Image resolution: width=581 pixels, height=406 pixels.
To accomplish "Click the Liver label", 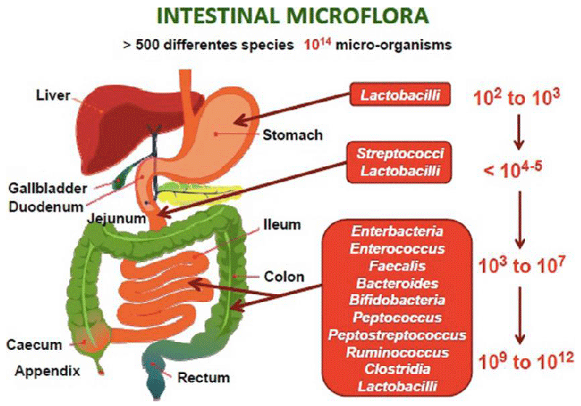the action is click(x=53, y=96).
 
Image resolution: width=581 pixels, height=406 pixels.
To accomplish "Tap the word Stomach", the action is click(x=293, y=135).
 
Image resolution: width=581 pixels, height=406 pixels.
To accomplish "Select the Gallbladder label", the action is click(x=48, y=188).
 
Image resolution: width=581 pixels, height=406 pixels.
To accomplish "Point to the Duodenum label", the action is click(x=46, y=207).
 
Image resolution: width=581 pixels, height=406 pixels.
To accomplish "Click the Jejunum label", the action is click(x=116, y=218).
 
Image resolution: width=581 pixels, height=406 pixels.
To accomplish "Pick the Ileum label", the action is click(x=282, y=224).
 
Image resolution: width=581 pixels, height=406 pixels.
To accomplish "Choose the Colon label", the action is click(x=284, y=277).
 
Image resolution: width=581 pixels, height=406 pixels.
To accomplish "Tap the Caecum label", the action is click(x=34, y=345).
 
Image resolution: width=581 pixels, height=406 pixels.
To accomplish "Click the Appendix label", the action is click(x=47, y=371).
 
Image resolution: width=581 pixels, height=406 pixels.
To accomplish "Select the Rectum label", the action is click(x=204, y=378).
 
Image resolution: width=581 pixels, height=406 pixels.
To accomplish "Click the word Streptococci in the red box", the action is click(x=400, y=154).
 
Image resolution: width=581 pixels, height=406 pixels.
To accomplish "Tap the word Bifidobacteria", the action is click(x=397, y=300).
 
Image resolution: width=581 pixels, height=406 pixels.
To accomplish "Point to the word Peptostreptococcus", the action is click(x=397, y=335).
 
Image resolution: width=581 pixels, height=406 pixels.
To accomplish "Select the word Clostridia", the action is click(x=397, y=370).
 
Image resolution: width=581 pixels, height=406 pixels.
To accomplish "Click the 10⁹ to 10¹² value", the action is click(x=526, y=360).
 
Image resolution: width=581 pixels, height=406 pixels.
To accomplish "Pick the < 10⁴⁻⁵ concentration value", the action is click(x=513, y=170).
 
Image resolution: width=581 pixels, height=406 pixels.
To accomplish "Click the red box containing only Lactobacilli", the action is click(x=400, y=94).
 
